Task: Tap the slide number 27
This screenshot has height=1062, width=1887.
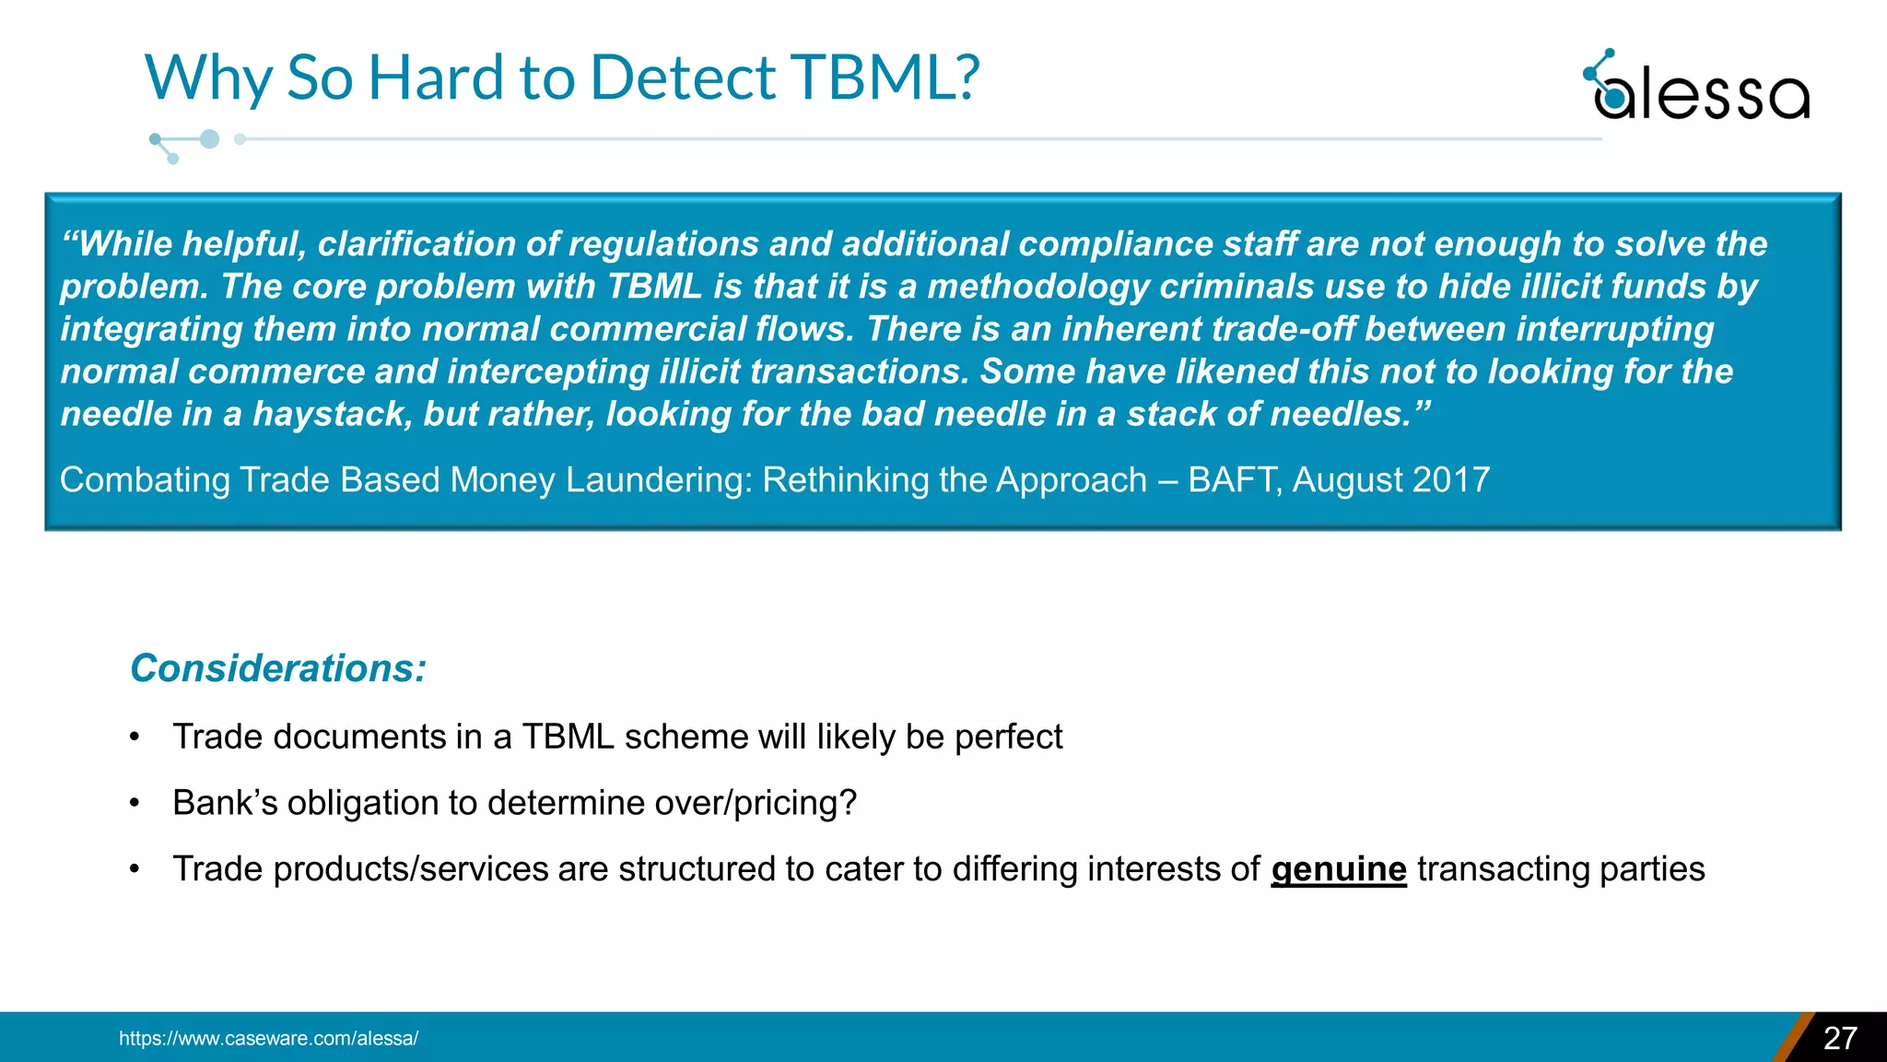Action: [1840, 1038]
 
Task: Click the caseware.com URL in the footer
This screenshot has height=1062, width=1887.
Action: [268, 1038]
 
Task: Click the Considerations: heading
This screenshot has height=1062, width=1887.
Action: [278, 668]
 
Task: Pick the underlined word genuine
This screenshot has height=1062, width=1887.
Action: [1338, 869]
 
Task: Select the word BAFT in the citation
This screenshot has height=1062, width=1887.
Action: [1234, 480]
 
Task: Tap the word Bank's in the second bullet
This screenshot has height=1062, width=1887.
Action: [225, 803]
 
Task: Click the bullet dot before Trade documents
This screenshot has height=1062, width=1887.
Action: [135, 737]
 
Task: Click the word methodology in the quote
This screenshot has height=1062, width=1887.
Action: [1037, 287]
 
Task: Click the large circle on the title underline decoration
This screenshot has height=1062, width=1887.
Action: [210, 139]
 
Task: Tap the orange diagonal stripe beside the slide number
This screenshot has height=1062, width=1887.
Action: [1791, 1038]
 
